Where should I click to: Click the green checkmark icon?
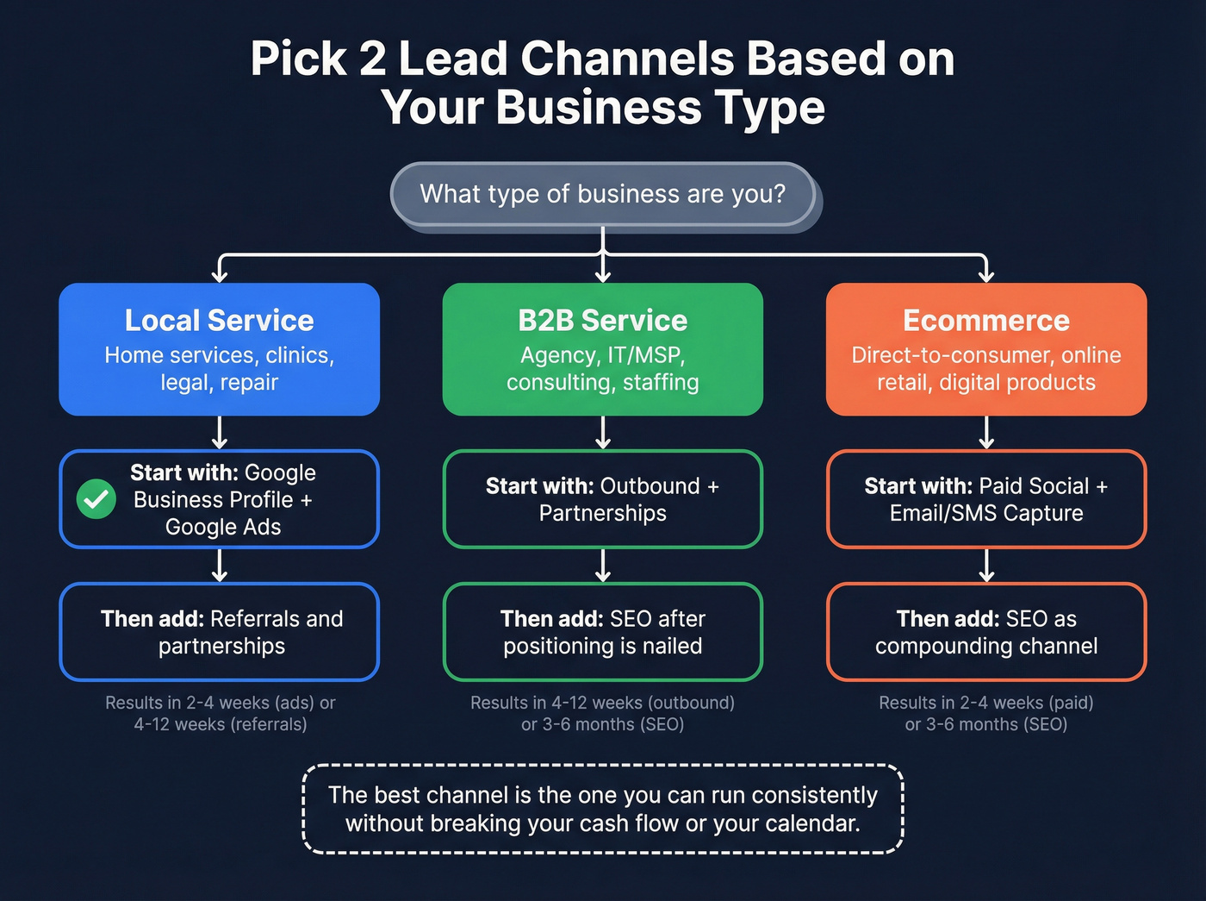(x=96, y=499)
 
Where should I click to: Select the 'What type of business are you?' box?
(x=602, y=194)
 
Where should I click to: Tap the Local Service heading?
(x=219, y=321)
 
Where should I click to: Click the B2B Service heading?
(x=602, y=321)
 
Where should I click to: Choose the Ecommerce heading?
(x=985, y=321)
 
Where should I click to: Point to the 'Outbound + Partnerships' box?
(x=602, y=499)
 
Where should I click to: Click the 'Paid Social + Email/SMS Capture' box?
(x=985, y=499)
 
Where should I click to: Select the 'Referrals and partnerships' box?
(x=219, y=632)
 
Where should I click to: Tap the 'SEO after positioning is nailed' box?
(x=602, y=632)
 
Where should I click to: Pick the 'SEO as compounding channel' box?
(x=985, y=632)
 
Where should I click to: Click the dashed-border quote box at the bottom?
(x=602, y=809)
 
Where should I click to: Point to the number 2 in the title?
(x=372, y=59)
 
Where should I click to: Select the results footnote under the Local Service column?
(x=220, y=713)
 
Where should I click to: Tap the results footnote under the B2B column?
(x=602, y=713)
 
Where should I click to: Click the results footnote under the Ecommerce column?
(x=985, y=713)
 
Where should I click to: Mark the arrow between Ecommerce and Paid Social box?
(x=986, y=433)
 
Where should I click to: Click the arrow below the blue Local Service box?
(x=220, y=433)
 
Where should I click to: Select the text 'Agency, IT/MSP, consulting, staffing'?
(x=602, y=369)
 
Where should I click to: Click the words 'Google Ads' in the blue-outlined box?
(x=223, y=527)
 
